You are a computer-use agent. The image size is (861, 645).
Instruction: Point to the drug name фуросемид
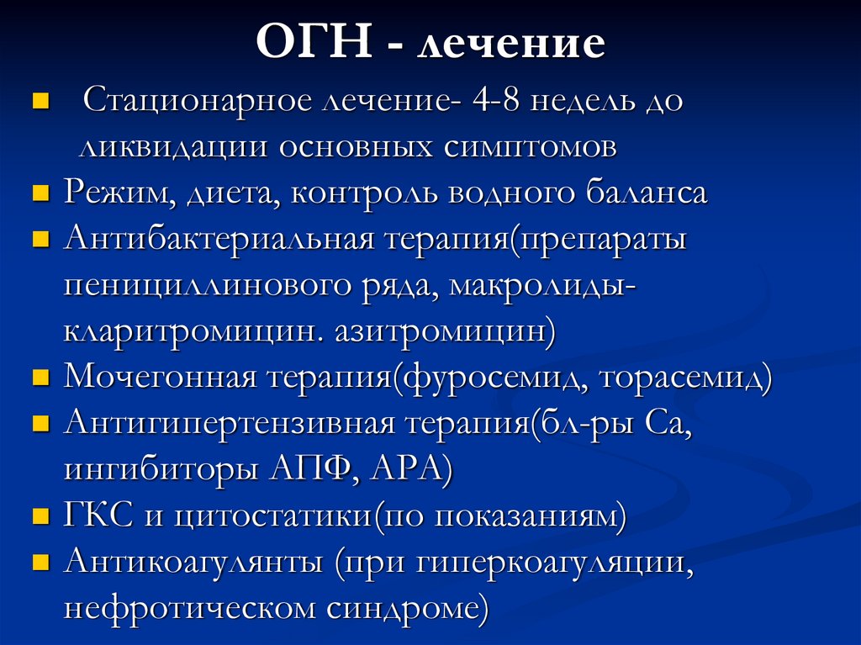(495, 376)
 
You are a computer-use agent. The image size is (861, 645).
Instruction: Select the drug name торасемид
(685, 376)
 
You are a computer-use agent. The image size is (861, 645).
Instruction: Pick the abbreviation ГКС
(99, 514)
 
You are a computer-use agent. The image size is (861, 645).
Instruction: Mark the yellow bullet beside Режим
(39, 193)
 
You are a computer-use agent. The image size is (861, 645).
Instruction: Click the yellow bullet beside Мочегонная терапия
(39, 377)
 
